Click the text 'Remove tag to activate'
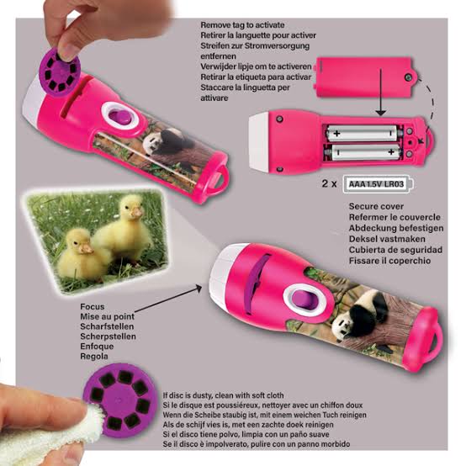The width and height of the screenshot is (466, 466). (242, 25)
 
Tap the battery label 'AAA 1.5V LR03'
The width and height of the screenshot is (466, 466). (376, 184)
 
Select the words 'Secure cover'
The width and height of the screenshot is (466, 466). (376, 206)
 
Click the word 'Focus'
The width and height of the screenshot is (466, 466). (93, 306)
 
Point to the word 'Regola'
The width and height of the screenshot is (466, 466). (94, 356)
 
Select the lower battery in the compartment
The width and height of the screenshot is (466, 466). (364, 152)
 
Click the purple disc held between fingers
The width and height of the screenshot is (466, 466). (60, 72)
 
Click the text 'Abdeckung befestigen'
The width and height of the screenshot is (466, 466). (396, 228)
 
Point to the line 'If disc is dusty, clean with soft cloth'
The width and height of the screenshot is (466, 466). (223, 395)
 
